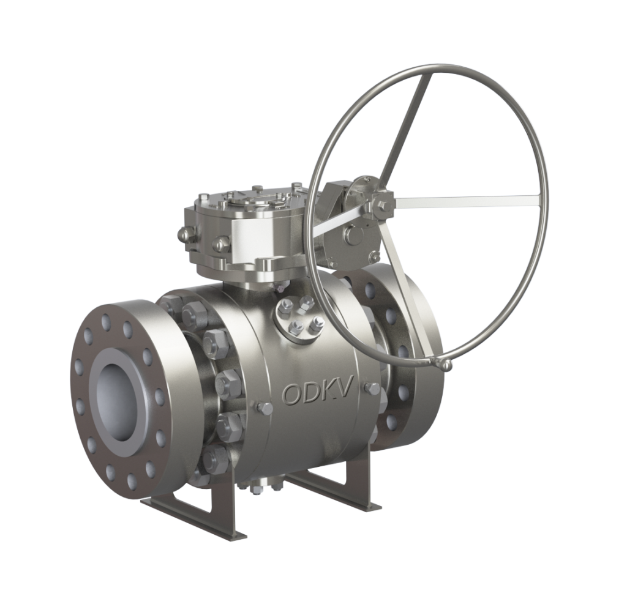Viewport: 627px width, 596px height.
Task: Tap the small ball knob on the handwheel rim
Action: pyautogui.click(x=448, y=365)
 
